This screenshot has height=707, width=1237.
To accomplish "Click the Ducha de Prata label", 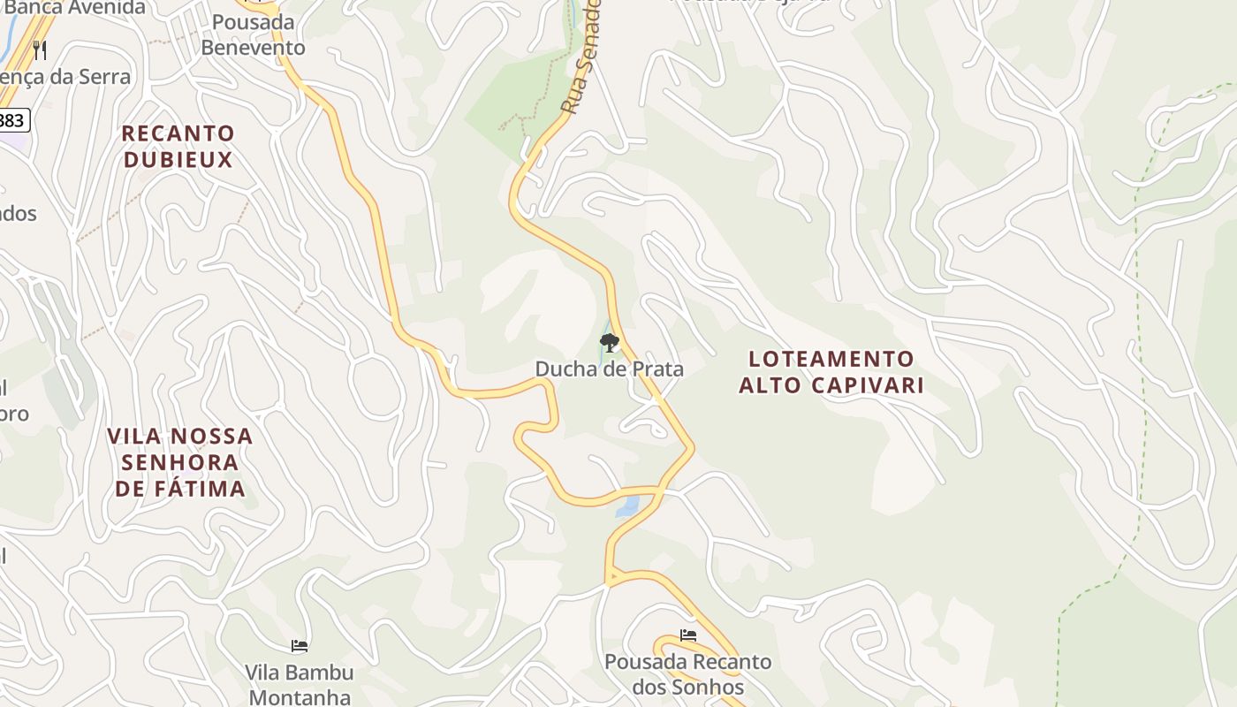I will (609, 369).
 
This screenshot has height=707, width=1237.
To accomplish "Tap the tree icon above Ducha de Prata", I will (609, 342).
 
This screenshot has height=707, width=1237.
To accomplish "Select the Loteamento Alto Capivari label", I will (831, 372).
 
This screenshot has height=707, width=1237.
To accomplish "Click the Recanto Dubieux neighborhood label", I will (178, 147).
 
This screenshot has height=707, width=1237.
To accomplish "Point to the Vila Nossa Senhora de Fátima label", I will (180, 462).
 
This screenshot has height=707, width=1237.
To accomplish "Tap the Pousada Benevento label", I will (253, 34).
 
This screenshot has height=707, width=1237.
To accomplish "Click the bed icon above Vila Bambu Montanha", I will (300, 646).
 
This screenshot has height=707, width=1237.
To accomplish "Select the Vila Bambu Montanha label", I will (300, 684).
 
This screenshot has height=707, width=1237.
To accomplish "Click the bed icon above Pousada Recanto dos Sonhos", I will (688, 635).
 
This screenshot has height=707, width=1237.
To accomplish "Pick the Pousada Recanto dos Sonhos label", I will (688, 673).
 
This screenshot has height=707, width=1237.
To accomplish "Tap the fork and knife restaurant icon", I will (39, 49).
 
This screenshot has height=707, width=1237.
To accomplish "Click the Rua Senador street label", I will (582, 57).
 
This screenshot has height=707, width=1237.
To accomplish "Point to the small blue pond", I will (627, 506).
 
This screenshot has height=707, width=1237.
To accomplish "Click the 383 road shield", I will (12, 119).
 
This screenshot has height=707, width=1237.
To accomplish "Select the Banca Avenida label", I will (75, 8).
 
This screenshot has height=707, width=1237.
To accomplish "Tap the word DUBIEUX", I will (178, 160).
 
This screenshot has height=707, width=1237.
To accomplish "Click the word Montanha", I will (300, 696).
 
